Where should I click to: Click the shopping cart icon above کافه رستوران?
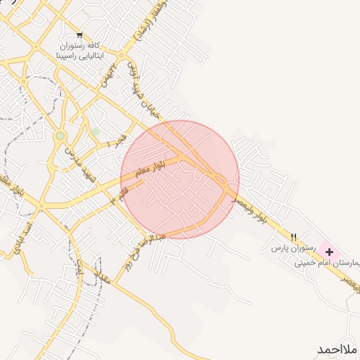tap(79, 34)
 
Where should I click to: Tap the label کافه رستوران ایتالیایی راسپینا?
tap(79, 49)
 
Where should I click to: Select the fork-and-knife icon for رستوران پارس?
tap(294, 236)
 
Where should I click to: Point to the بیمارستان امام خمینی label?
tap(330, 263)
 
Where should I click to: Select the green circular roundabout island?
tap(60, 135)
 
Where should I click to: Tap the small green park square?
tap(95, 131)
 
